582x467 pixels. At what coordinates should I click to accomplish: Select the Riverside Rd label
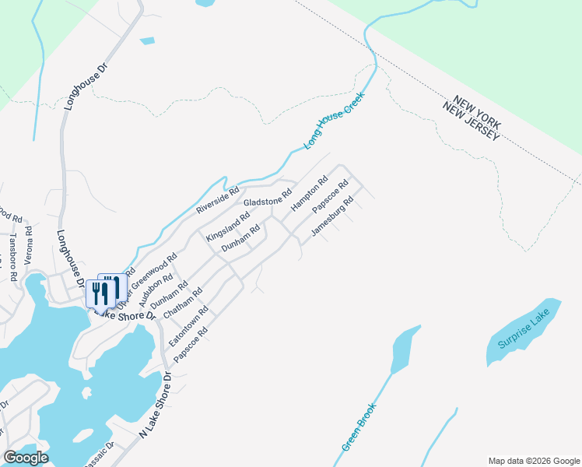(217, 200)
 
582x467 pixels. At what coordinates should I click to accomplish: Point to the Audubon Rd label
(156, 290)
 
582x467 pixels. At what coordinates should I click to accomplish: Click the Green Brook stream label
(359, 427)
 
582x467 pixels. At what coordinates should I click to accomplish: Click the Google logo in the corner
(26, 458)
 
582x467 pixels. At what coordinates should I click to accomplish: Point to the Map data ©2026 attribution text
(534, 460)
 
